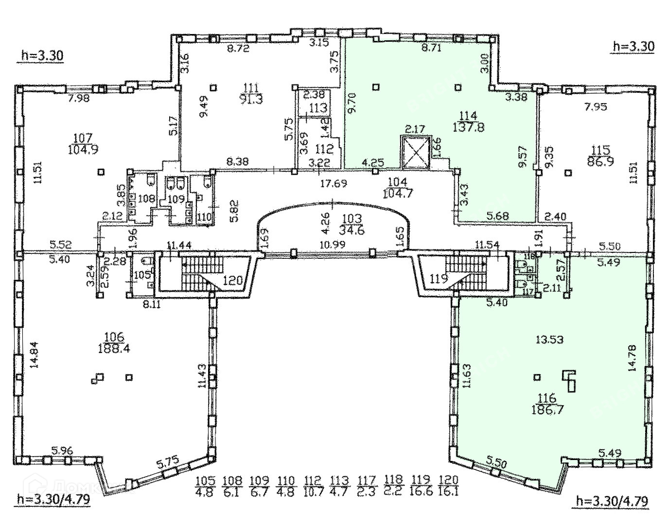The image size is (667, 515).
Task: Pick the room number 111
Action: click(x=250, y=87)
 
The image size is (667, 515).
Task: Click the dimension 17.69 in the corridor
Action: click(x=331, y=184)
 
